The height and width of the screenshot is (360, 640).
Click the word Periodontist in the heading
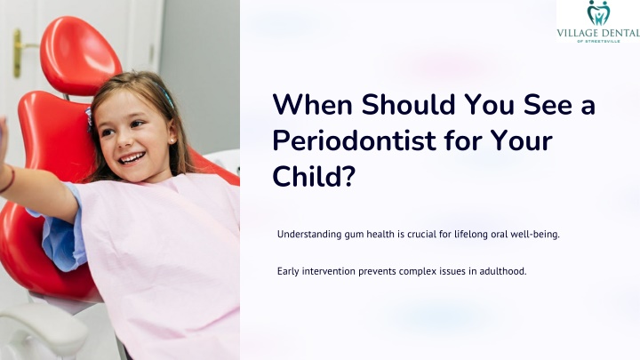(x=355, y=140)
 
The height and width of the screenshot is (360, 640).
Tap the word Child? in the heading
(x=314, y=176)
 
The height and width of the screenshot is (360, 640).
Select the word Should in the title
(x=408, y=105)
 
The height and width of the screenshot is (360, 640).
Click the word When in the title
(x=313, y=105)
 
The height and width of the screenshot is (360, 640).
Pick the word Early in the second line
(x=288, y=271)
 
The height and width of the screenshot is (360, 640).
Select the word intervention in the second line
(x=329, y=271)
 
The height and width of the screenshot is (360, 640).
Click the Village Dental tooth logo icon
(x=598, y=12)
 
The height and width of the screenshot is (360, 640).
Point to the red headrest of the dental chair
(x=80, y=55)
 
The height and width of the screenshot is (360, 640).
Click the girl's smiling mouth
(x=132, y=158)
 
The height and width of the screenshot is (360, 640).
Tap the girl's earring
(x=172, y=141)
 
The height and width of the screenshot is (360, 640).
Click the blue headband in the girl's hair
(x=165, y=95)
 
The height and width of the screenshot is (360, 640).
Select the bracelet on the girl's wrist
(x=9, y=180)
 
